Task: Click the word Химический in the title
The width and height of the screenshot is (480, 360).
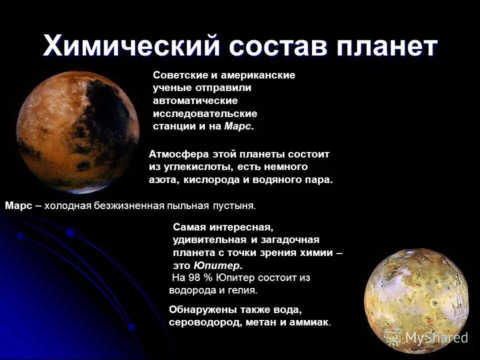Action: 131,46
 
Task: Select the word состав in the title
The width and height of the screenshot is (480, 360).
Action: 281,46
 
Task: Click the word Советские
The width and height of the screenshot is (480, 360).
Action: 179,75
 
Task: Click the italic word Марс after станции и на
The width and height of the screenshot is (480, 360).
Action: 238,126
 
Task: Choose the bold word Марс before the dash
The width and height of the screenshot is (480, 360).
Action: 18,205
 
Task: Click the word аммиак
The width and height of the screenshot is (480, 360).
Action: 312,322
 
